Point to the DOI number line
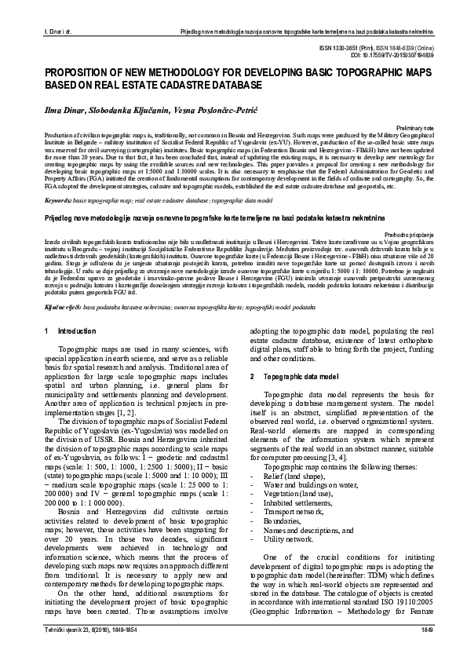[x=386, y=55]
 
